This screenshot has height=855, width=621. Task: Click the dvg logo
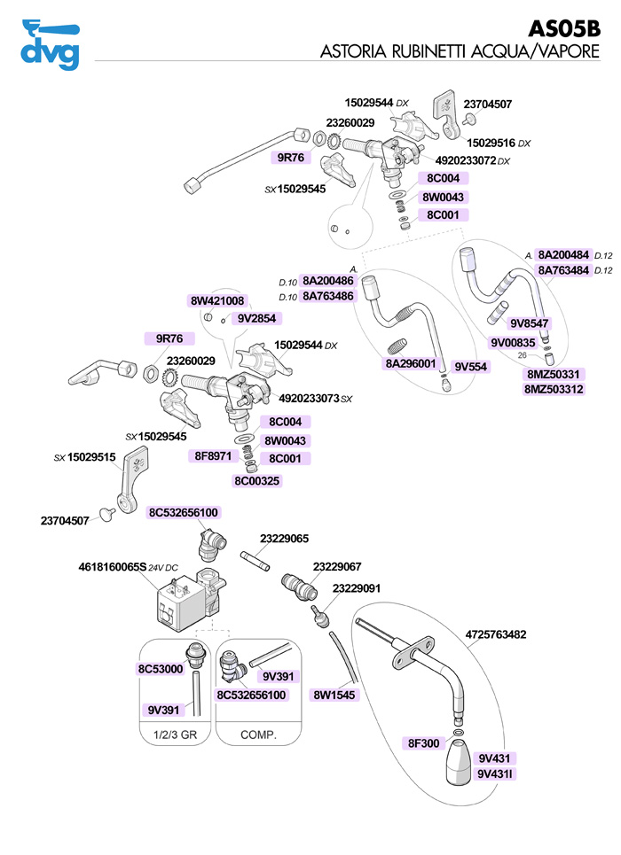click(x=50, y=44)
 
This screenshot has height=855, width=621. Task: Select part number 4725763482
click(x=497, y=634)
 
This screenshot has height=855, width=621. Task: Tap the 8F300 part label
click(x=423, y=743)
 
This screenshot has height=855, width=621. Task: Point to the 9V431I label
click(x=496, y=774)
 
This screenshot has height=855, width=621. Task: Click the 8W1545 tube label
click(x=334, y=696)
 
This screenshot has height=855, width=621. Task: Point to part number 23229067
click(x=337, y=566)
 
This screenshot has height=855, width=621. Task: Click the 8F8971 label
click(x=214, y=456)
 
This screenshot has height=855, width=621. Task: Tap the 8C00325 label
click(x=257, y=481)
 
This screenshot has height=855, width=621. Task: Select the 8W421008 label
click(x=217, y=301)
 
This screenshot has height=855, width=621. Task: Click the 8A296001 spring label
click(x=410, y=363)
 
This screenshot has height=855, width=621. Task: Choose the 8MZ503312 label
click(x=554, y=389)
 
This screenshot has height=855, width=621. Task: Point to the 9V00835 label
click(x=513, y=342)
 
